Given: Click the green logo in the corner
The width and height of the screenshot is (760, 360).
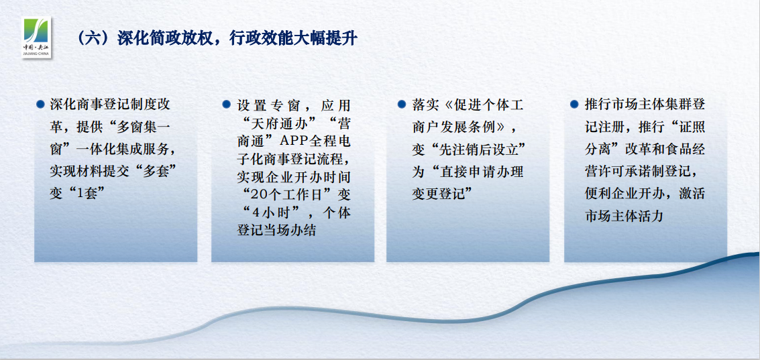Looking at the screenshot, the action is [37, 37].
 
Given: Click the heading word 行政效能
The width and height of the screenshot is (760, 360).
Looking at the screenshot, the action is [260, 38].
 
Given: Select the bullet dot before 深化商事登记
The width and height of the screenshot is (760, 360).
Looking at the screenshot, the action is [41, 104].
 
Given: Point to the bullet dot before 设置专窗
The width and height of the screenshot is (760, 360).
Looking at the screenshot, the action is [226, 104].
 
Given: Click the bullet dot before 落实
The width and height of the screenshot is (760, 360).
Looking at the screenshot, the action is [401, 104].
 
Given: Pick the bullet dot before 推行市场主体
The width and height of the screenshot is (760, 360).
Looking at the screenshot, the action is [574, 104].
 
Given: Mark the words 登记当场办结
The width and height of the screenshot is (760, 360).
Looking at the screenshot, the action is [276, 231].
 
